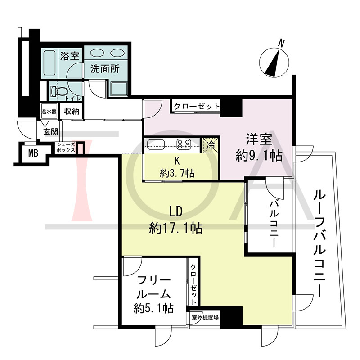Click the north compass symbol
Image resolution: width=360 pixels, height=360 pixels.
point(274,61)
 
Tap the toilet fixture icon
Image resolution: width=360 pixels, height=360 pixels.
point(59,91)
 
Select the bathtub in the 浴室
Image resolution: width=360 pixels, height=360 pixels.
point(49,64)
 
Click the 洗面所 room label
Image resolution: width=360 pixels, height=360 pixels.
point(105,69)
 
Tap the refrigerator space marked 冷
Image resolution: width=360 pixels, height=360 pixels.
point(210,145)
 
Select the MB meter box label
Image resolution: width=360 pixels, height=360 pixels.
point(33,153)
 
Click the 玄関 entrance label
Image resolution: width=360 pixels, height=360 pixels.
point(51,132)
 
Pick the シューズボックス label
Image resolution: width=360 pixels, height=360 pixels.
point(66,148)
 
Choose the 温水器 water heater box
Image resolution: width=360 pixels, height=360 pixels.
point(49,112)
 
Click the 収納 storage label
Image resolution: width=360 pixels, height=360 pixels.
point(72,111)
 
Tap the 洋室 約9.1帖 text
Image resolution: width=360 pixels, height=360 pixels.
point(259,148)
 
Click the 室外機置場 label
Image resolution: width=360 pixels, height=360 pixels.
point(205,318)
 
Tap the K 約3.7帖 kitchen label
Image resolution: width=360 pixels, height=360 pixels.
point(177,167)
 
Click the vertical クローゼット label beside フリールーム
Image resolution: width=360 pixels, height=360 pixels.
point(193,284)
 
